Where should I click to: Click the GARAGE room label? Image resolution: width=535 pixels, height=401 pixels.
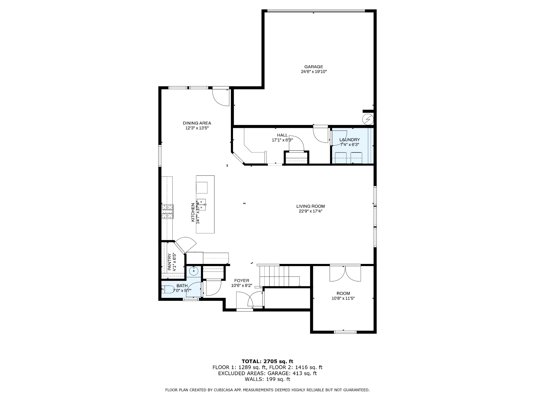pyautogui.click(x=313, y=67)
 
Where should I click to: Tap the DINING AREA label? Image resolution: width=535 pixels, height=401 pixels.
pyautogui.click(x=197, y=123)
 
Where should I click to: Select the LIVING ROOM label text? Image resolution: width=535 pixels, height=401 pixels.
pyautogui.click(x=310, y=207)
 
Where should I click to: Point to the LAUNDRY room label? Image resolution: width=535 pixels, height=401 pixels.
pyautogui.click(x=350, y=140)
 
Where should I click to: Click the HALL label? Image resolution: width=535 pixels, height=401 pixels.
pyautogui.click(x=282, y=135)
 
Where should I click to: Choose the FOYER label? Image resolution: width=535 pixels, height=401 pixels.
pyautogui.click(x=242, y=281)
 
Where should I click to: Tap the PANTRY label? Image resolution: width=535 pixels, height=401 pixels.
pyautogui.click(x=169, y=262)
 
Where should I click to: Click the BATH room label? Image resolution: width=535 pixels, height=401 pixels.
pyautogui.click(x=182, y=286)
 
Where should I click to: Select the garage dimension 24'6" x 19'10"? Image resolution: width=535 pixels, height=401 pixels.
pyautogui.click(x=314, y=72)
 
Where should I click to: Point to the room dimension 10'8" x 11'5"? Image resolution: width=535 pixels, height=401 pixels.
pyautogui.click(x=343, y=298)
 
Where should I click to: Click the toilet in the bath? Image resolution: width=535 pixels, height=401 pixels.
pyautogui.click(x=168, y=290)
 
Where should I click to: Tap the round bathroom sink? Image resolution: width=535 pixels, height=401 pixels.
pyautogui.click(x=194, y=271)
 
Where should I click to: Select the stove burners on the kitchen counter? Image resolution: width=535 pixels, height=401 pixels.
pyautogui.click(x=167, y=211)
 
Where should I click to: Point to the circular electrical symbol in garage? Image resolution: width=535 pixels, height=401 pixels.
pyautogui.click(x=368, y=120)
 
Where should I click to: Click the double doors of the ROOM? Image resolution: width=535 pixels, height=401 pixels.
pyautogui.click(x=345, y=273)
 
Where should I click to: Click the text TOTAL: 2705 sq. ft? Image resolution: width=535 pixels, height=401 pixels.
pyautogui.click(x=267, y=361)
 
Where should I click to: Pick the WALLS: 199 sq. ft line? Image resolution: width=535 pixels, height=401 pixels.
pyautogui.click(x=267, y=379)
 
